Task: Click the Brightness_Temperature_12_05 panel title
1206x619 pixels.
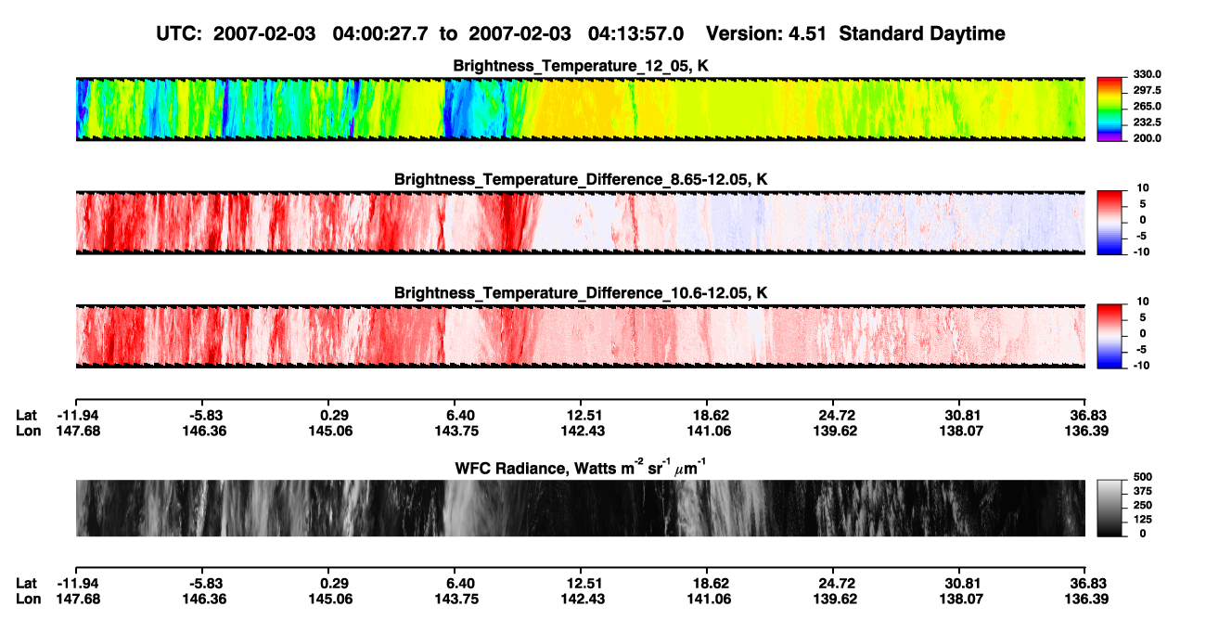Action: [581, 66]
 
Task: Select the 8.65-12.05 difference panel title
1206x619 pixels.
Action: [581, 179]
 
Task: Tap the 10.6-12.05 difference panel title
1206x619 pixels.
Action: [581, 293]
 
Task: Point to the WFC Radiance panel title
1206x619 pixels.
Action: [581, 468]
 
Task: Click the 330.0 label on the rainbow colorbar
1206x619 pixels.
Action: [1147, 74]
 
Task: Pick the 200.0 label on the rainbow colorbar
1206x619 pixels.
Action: [1147, 138]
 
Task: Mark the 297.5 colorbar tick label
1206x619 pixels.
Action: [1147, 91]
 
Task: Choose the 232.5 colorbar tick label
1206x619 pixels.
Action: [1147, 123]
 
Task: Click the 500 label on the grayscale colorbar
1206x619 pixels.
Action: [1143, 477]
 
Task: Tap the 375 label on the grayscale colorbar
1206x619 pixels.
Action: [1143, 491]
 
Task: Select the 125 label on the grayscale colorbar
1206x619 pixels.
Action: [1143, 520]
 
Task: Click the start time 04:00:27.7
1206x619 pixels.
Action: [380, 33]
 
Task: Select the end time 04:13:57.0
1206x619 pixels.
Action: [635, 33]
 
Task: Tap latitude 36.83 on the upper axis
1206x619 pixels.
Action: [1087, 416]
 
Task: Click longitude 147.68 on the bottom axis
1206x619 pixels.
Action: [78, 600]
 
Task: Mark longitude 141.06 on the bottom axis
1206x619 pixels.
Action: [709, 600]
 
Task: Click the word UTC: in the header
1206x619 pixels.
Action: [179, 33]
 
